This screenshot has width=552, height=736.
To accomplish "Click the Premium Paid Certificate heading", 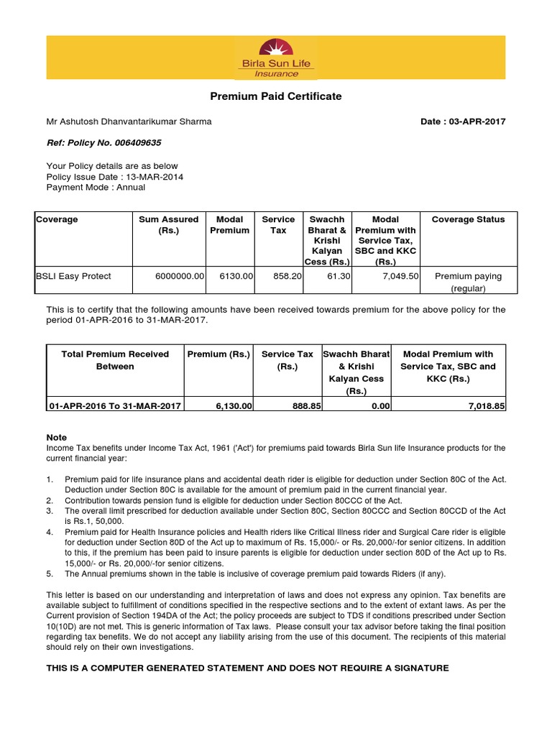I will pyautogui.click(x=276, y=96).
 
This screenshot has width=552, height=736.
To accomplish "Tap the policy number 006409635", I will pyautogui.click(x=139, y=142).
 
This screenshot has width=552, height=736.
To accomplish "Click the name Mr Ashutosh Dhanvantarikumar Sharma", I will pyautogui.click(x=129, y=121).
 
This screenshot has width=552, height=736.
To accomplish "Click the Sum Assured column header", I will pyautogui.click(x=169, y=225).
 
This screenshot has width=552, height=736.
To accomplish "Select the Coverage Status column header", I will pyautogui.click(x=468, y=219).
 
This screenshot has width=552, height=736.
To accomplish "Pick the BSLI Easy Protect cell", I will pyautogui.click(x=73, y=276).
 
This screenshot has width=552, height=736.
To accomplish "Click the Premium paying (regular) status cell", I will pyautogui.click(x=468, y=282).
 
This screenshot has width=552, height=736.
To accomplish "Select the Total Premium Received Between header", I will pyautogui.click(x=115, y=360).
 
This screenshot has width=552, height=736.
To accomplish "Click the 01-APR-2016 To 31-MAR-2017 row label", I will pyautogui.click(x=115, y=406).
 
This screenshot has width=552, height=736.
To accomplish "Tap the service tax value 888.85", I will pyautogui.click(x=297, y=406).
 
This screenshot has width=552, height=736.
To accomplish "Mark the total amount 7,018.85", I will pyautogui.click(x=486, y=406).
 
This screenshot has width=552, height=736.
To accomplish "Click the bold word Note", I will pyautogui.click(x=57, y=437).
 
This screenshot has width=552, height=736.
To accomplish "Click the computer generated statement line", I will pyautogui.click(x=247, y=668).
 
